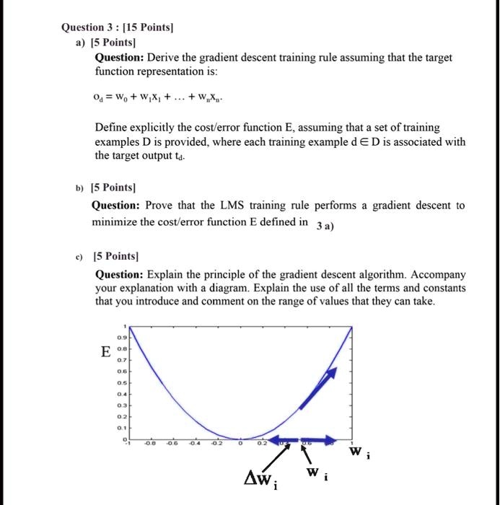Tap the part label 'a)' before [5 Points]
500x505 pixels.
[x=80, y=43]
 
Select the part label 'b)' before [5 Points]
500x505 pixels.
[x=80, y=190]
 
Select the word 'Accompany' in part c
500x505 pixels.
[x=439, y=275]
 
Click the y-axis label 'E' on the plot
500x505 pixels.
[x=107, y=353]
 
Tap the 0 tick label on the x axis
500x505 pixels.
[x=242, y=445]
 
